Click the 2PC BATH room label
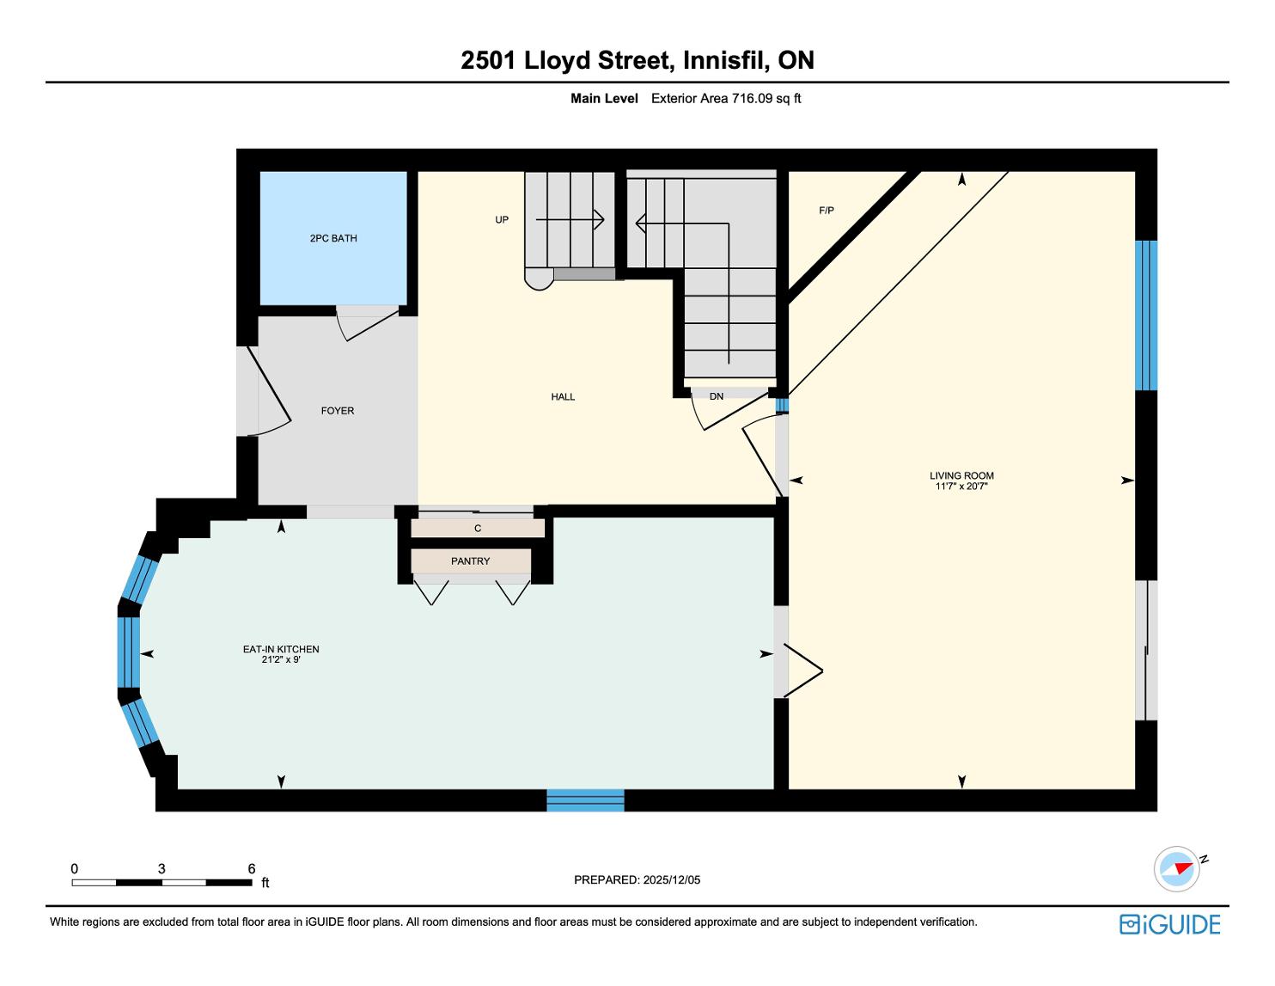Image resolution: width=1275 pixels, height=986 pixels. click(333, 238)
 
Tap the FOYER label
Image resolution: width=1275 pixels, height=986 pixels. click(338, 411)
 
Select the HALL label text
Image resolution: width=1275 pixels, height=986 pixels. click(563, 397)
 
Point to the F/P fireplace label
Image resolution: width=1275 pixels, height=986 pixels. click(827, 210)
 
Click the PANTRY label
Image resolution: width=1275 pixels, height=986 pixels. click(471, 561)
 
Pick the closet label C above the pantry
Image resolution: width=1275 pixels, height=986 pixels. click(478, 528)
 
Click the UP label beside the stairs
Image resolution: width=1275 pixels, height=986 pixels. click(502, 219)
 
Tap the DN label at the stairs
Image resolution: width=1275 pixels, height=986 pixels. click(717, 396)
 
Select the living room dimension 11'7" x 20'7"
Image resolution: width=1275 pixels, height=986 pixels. click(961, 486)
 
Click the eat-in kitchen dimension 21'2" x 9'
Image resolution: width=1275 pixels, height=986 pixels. click(281, 659)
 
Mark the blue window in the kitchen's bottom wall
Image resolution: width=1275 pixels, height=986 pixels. click(586, 800)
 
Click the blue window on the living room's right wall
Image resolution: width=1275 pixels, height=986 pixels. click(1146, 315)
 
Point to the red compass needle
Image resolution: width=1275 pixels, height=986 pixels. click(1184, 867)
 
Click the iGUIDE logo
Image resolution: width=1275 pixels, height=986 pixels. click(1170, 924)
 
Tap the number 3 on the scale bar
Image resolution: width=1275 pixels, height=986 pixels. click(162, 868)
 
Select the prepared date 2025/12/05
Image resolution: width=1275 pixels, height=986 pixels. click(672, 879)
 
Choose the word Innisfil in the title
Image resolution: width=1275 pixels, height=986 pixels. click(726, 60)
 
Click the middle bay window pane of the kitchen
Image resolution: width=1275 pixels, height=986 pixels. click(129, 652)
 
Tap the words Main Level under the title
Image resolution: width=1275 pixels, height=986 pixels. click(604, 99)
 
